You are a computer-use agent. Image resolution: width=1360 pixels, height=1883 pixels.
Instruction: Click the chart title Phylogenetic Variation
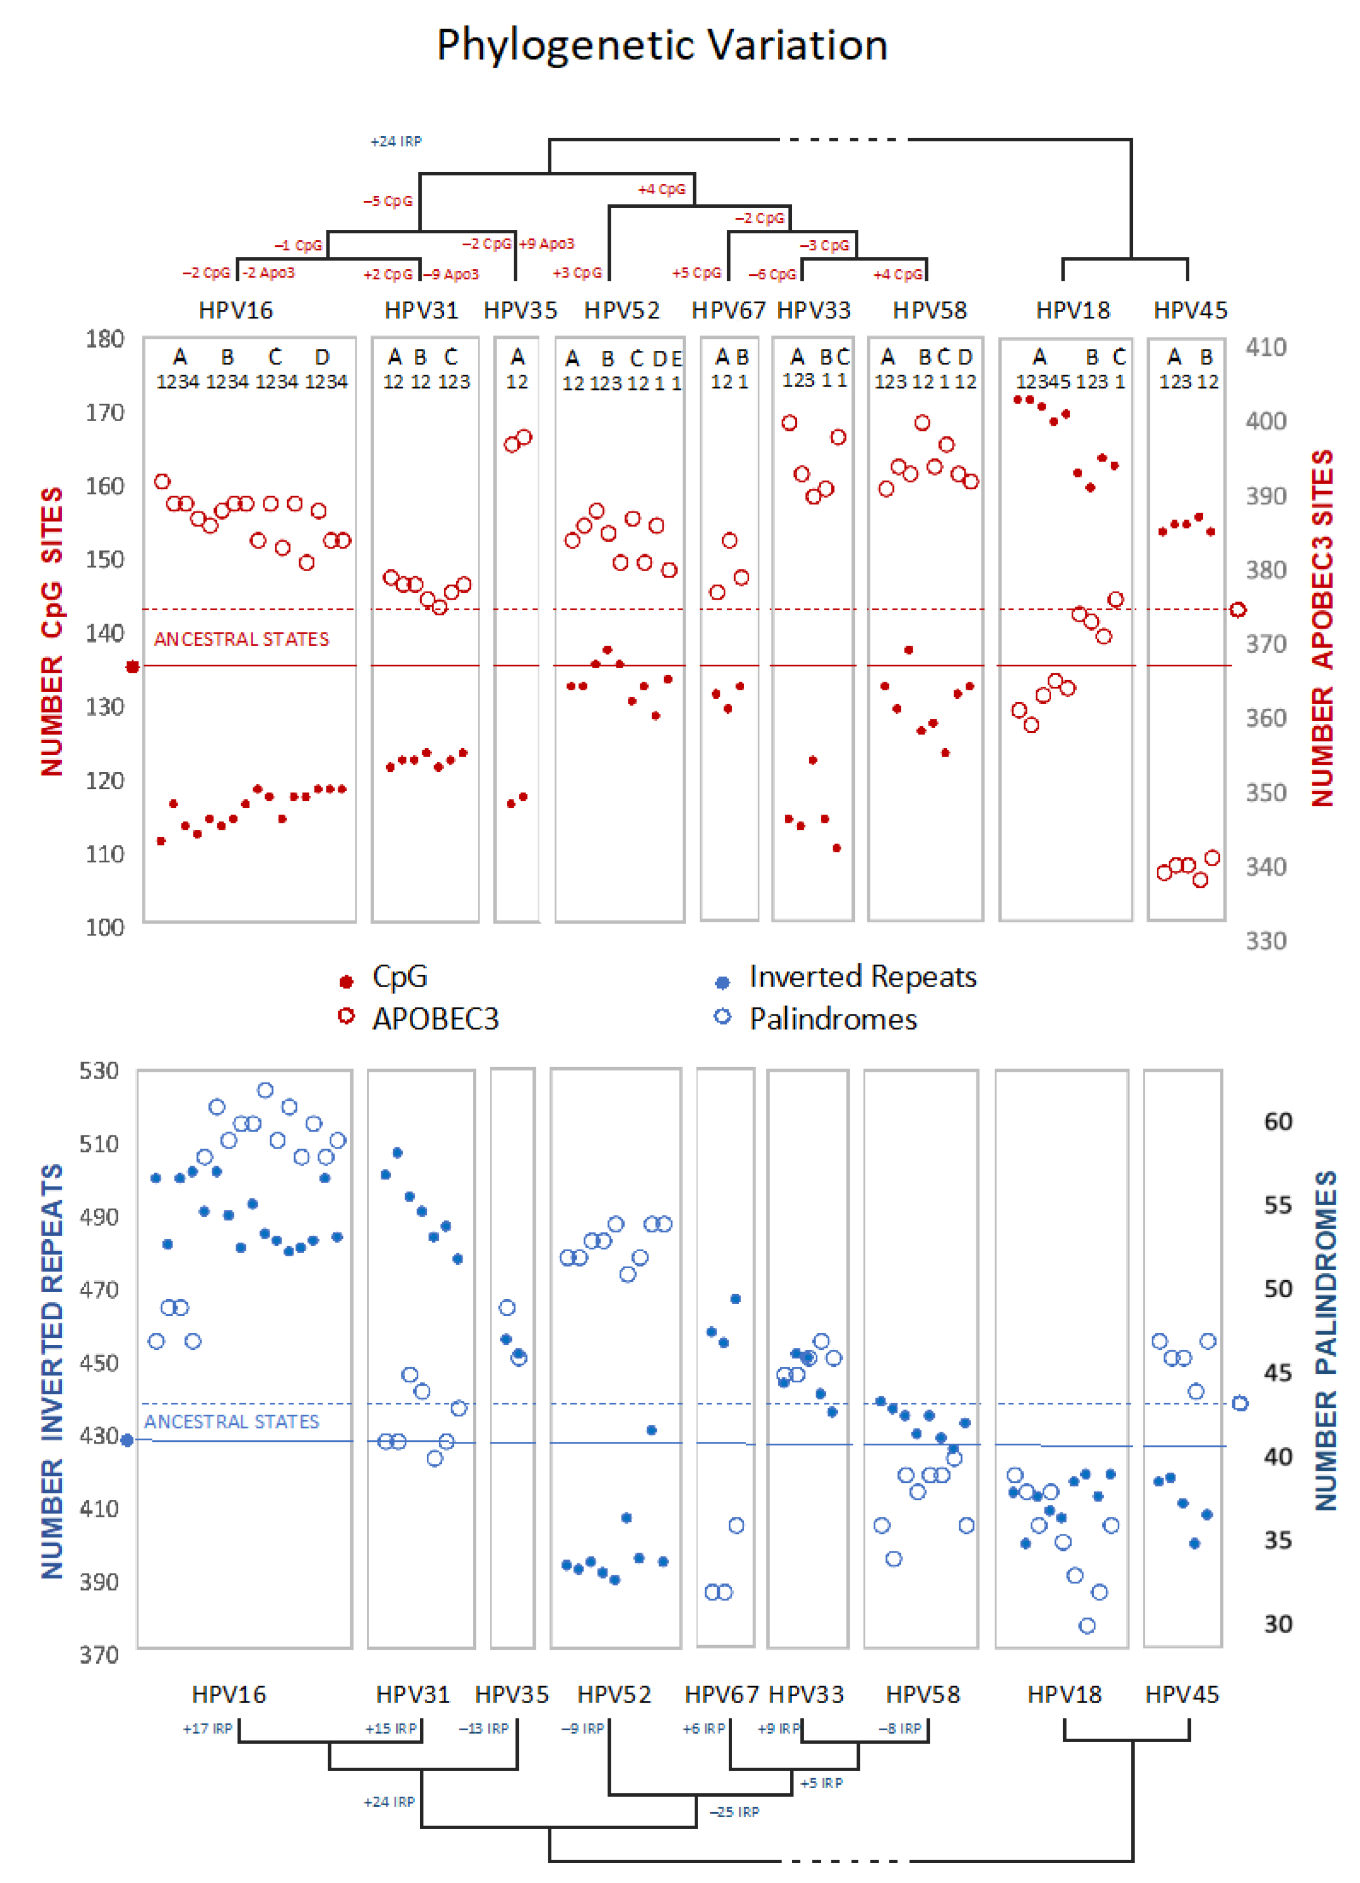[x=662, y=45]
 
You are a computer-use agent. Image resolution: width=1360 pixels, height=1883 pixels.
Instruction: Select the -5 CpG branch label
[x=387, y=201]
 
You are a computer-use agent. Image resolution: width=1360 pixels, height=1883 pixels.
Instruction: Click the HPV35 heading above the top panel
[x=520, y=311]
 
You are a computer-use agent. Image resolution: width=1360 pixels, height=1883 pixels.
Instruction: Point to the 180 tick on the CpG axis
[x=104, y=339]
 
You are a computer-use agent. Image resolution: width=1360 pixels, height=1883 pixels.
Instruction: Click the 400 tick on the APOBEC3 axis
[x=1265, y=421]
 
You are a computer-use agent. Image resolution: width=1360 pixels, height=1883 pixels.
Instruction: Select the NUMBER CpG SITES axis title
[x=52, y=631]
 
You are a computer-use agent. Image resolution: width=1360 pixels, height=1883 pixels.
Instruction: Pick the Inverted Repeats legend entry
[x=861, y=976]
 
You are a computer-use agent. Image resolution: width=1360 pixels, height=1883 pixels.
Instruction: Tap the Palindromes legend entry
[x=832, y=1019]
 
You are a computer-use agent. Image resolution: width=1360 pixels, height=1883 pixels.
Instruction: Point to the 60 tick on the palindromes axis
[x=1277, y=1122]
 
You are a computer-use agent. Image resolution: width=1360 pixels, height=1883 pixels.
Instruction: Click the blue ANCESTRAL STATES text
[x=231, y=1421]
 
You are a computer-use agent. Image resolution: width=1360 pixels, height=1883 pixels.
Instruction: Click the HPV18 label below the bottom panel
[x=1064, y=1695]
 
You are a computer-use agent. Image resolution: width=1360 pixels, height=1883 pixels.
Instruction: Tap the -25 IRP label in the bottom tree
[x=734, y=1811]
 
